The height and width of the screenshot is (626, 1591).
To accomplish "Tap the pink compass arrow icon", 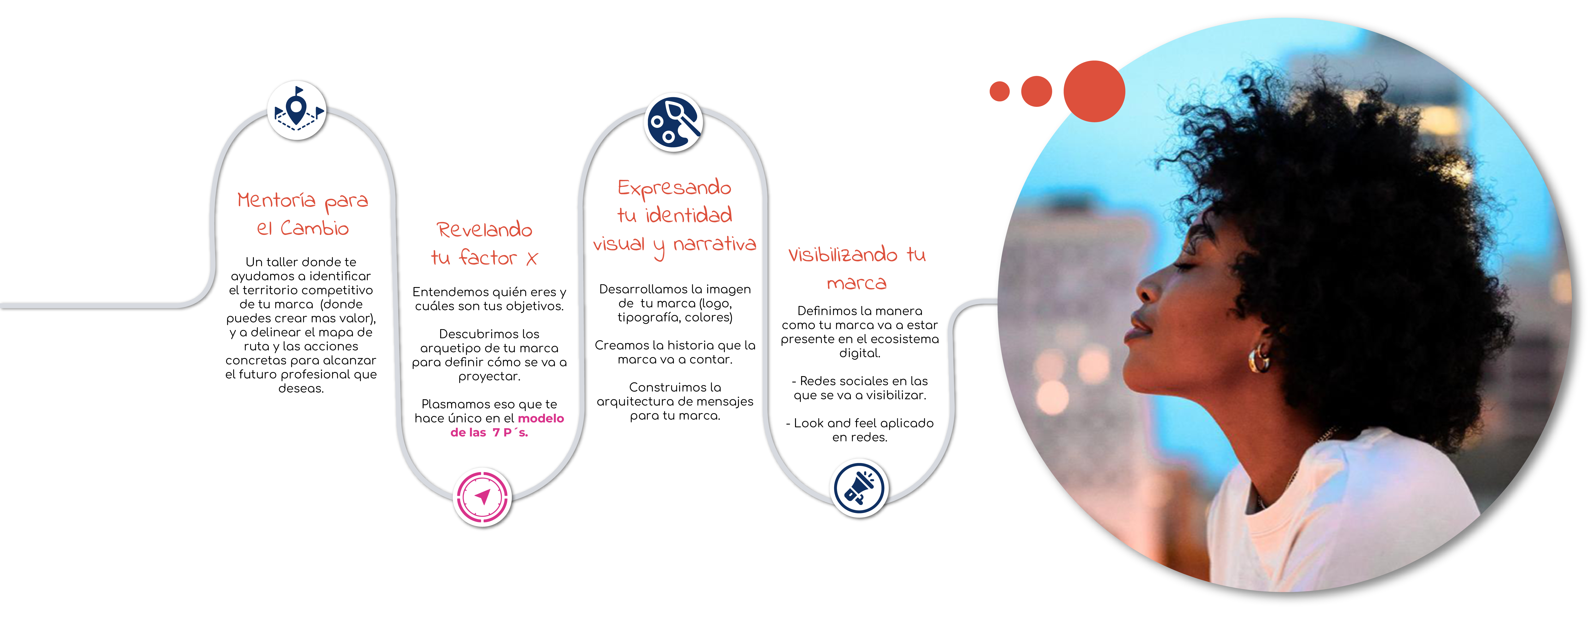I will pyautogui.click(x=483, y=496).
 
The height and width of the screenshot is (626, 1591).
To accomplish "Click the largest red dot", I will pyautogui.click(x=1094, y=91).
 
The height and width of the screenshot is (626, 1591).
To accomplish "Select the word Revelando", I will pyautogui.click(x=484, y=230).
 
